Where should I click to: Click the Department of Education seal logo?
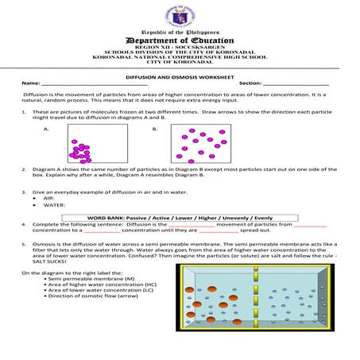pyautogui.click(x=180, y=16)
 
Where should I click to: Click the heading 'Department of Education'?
pyautogui.click(x=180, y=41)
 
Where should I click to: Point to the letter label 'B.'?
pyautogui.click(x=155, y=128)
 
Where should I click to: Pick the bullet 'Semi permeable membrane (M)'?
pyautogui.click(x=83, y=280)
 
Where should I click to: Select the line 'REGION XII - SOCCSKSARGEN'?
pyautogui.click(x=180, y=48)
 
